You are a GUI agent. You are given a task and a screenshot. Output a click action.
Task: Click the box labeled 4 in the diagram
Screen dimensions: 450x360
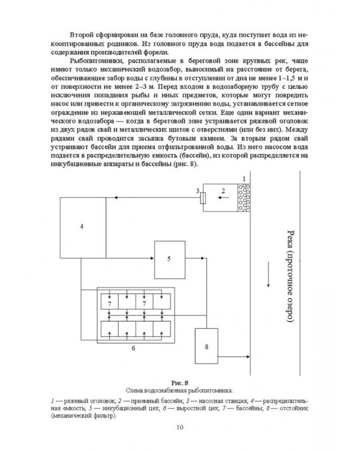(82, 226)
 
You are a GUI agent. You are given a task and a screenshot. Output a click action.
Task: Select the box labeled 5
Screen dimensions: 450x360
(169, 258)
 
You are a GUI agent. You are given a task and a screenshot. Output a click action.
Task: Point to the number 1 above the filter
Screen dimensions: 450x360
(244, 179)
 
